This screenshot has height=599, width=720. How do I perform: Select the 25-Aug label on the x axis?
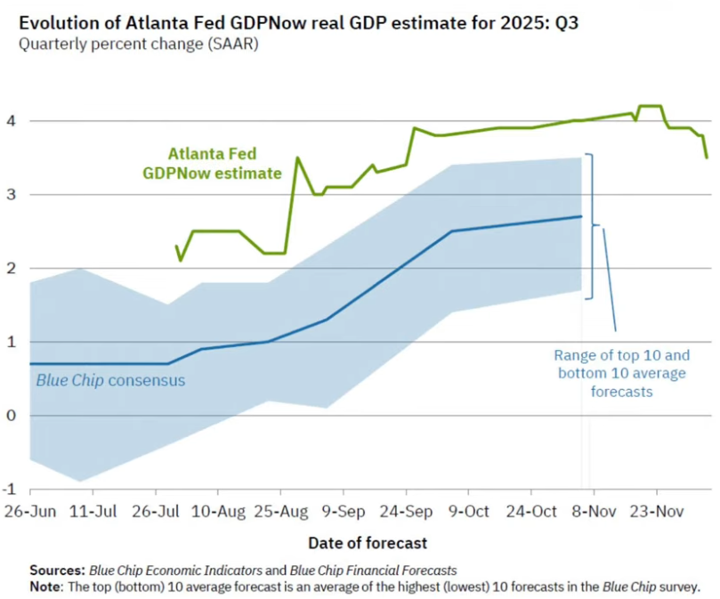pos(280,513)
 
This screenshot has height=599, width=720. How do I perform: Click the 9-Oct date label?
pos(468,513)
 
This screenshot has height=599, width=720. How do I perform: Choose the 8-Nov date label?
pos(594,513)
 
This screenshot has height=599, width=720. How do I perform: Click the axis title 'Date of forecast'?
pos(368,542)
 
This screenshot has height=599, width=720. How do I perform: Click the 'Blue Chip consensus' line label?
pos(110,381)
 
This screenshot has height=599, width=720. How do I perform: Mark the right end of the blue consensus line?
pos(581,216)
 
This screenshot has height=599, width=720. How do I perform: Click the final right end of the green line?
pos(707,158)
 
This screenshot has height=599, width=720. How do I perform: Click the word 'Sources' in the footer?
pos(56,571)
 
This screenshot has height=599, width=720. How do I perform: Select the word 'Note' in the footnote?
pos(45,587)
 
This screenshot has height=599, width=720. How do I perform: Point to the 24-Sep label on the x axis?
pos(406,513)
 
